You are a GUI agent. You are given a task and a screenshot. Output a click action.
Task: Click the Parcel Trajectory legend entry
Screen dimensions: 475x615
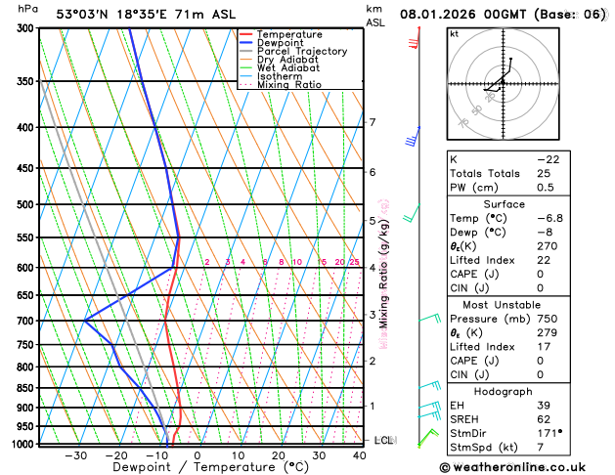(301, 51)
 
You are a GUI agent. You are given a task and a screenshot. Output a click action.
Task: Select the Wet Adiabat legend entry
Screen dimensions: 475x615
(288, 68)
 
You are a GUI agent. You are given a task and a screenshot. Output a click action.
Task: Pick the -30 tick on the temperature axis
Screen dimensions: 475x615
(76, 455)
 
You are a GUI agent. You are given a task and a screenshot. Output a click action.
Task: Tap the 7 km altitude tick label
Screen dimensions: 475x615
(373, 122)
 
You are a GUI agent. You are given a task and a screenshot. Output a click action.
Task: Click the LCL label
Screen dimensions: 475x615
(383, 441)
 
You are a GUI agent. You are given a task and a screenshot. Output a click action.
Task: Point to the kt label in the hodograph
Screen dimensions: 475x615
(454, 33)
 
